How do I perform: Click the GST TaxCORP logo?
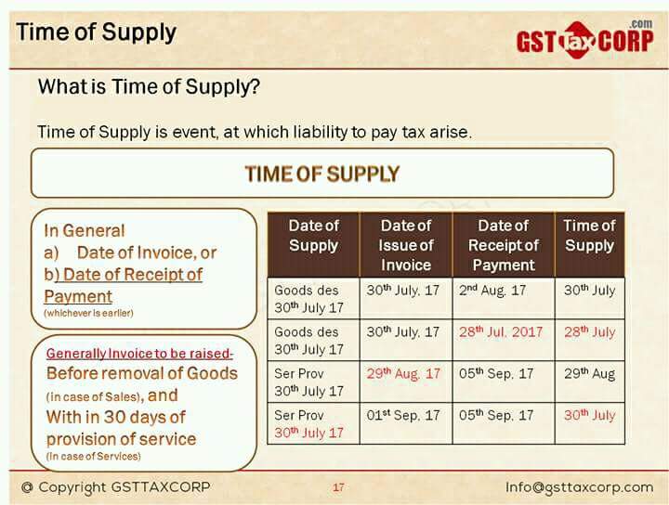[x=585, y=41]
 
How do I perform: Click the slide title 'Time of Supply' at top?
[x=96, y=32]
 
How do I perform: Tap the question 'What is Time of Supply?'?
[x=148, y=87]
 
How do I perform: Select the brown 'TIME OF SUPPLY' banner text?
[x=321, y=174]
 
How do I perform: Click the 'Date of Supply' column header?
[x=313, y=236]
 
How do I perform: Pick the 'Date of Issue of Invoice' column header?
[x=406, y=245]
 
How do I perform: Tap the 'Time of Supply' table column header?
[x=589, y=236]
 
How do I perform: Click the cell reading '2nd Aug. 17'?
[x=492, y=290]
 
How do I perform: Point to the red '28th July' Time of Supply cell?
[x=589, y=331]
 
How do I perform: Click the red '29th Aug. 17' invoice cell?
[x=403, y=373]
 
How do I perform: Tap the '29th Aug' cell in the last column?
[x=589, y=373]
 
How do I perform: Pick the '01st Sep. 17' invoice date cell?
[x=403, y=415]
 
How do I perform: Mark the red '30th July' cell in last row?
[x=589, y=415]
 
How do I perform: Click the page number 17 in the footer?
[x=338, y=487]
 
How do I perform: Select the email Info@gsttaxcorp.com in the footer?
[x=579, y=487]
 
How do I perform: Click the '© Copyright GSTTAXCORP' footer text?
[x=116, y=487]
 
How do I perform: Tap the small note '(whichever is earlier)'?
[x=88, y=314]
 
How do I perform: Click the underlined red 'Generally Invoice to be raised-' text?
[x=139, y=354]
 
